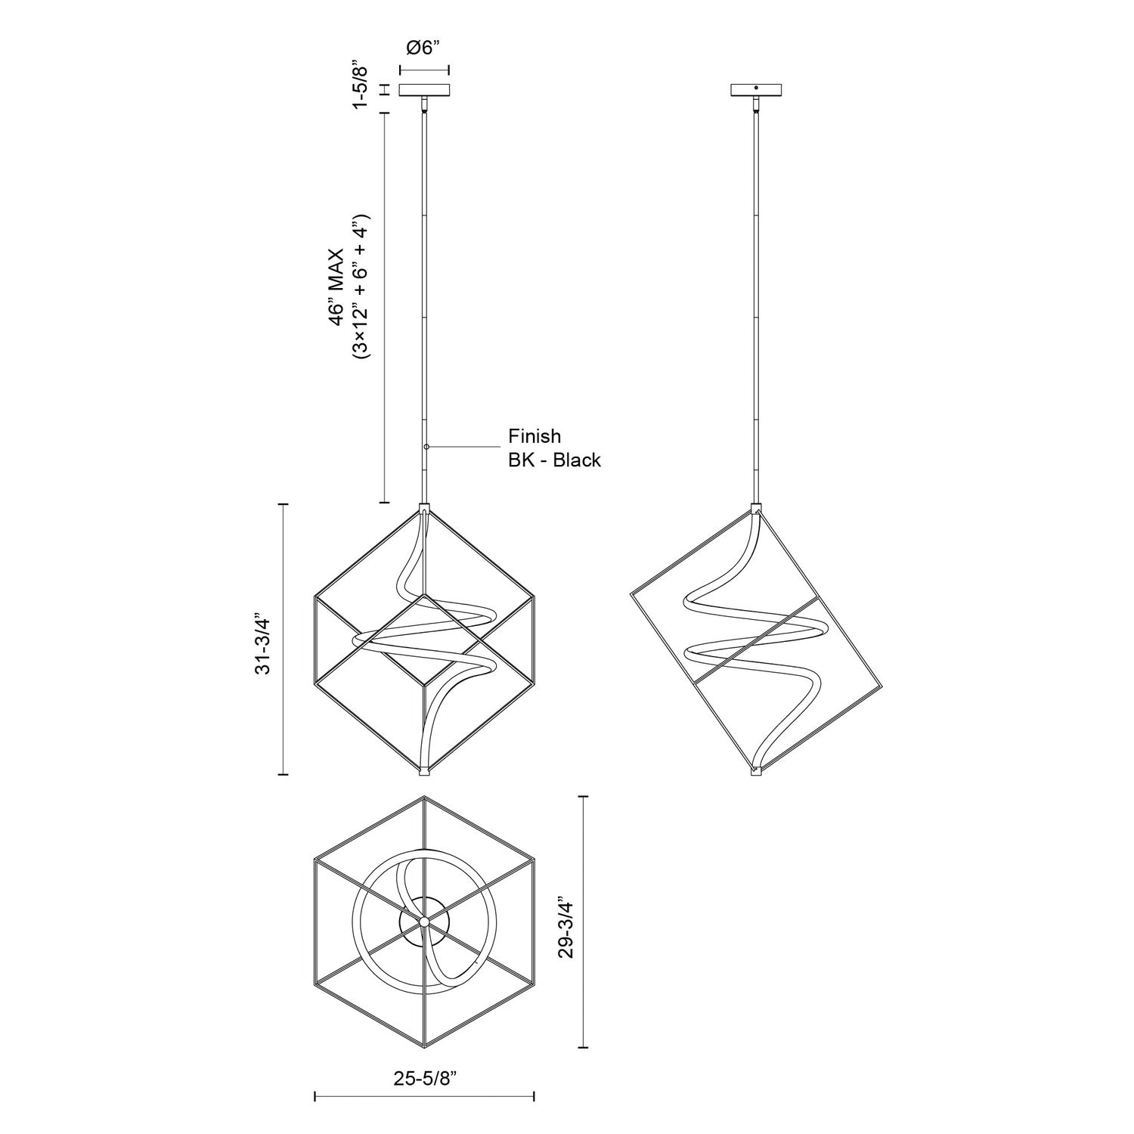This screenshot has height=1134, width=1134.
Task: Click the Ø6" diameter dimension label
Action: (x=423, y=48)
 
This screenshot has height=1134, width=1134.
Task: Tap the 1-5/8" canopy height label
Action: (x=362, y=87)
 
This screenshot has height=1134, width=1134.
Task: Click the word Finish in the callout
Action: (x=534, y=436)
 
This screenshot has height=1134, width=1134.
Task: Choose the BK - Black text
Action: (x=554, y=460)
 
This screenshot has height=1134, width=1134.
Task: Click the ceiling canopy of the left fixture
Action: (x=424, y=90)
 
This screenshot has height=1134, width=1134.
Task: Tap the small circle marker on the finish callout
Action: (x=426, y=448)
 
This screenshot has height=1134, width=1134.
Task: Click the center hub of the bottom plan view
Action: (x=425, y=921)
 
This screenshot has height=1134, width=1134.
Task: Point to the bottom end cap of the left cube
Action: (x=426, y=771)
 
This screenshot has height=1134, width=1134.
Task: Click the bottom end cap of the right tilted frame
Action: (x=755, y=772)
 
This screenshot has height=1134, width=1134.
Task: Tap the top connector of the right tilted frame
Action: (x=756, y=507)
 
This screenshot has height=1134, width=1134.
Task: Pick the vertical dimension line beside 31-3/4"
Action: (x=283, y=639)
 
